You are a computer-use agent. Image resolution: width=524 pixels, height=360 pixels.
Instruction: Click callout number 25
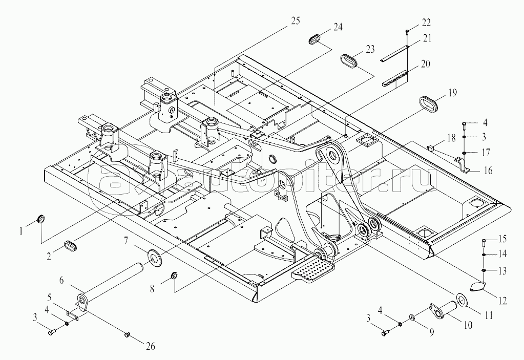295,21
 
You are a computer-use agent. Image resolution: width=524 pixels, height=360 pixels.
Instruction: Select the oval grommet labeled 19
427,104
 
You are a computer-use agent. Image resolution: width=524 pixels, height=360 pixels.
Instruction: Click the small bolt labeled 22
407,32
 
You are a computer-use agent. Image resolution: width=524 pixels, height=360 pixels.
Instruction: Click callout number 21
426,38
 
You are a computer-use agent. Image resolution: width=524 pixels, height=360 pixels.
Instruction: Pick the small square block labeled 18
431,147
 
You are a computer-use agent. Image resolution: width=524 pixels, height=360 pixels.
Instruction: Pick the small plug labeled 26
127,334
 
